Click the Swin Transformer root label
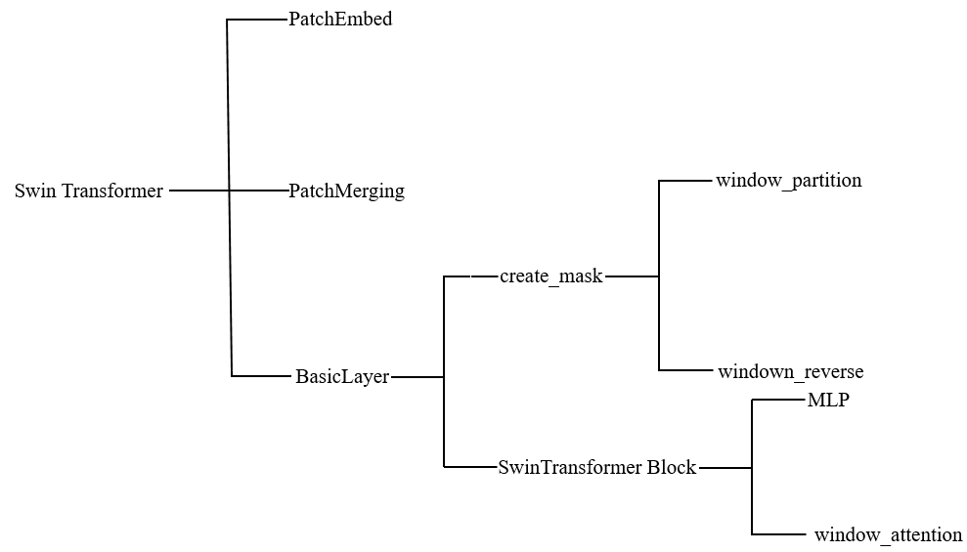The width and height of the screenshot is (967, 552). pyautogui.click(x=89, y=191)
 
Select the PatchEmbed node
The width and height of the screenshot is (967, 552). pyautogui.click(x=340, y=19)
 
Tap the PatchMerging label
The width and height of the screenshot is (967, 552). pyautogui.click(x=346, y=191)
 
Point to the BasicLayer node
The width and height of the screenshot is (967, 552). pyautogui.click(x=342, y=376)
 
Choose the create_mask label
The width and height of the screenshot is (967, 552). pyautogui.click(x=551, y=276)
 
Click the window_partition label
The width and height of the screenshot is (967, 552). pyautogui.click(x=788, y=181)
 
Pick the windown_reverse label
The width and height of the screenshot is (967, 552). pyautogui.click(x=790, y=371)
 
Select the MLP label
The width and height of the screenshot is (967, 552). pyautogui.click(x=828, y=400)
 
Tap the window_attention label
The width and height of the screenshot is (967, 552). pyautogui.click(x=888, y=534)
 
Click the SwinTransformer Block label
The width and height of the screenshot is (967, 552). pyautogui.click(x=596, y=467)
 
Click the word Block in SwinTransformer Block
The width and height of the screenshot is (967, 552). pyautogui.click(x=671, y=467)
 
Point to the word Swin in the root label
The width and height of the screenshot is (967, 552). pyautogui.click(x=33, y=191)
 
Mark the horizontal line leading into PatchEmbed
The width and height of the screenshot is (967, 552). pyautogui.click(x=257, y=20)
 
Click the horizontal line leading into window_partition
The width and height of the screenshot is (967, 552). pyautogui.click(x=685, y=181)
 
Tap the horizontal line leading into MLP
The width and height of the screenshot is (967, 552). pyautogui.click(x=778, y=400)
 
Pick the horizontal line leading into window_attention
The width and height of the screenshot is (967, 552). pyautogui.click(x=779, y=533)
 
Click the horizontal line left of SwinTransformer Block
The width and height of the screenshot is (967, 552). pyautogui.click(x=470, y=467)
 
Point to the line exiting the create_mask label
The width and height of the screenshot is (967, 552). pyautogui.click(x=632, y=276)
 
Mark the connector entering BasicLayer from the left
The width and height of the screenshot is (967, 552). pyautogui.click(x=261, y=376)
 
